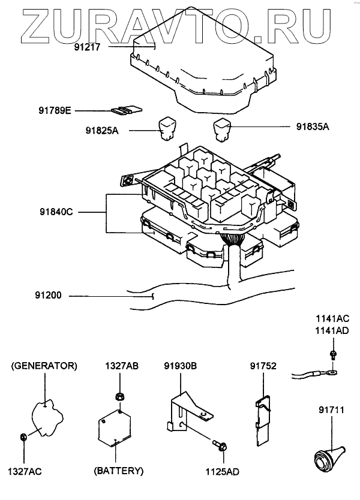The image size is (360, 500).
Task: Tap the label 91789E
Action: tap(55, 110)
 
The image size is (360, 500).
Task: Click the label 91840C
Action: tap(58, 212)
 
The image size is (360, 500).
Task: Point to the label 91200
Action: tap(48, 296)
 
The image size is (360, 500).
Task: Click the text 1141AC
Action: tap(333, 320)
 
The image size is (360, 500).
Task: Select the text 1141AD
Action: tap(333, 330)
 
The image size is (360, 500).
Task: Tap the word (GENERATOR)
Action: tap(44, 365)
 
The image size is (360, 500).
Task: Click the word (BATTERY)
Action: tap(119, 471)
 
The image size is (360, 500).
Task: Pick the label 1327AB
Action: tap(122, 365)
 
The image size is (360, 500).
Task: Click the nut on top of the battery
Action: tap(119, 396)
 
